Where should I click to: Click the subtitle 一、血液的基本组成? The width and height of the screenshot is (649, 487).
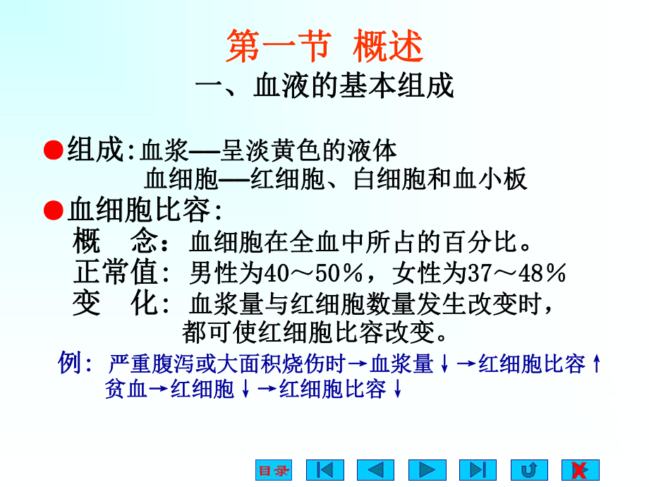click(x=324, y=87)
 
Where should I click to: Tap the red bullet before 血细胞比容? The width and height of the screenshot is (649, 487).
click(x=54, y=210)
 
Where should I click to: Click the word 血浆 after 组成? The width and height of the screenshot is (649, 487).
click(x=162, y=150)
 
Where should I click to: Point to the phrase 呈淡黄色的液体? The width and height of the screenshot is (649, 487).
click(x=309, y=150)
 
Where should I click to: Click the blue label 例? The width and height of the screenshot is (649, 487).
click(x=75, y=364)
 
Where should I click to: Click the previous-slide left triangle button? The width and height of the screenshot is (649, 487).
click(x=375, y=470)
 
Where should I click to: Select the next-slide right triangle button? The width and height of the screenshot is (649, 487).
click(x=427, y=470)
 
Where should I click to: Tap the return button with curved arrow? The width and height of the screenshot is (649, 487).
click(x=529, y=470)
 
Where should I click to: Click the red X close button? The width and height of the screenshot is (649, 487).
click(x=580, y=470)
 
